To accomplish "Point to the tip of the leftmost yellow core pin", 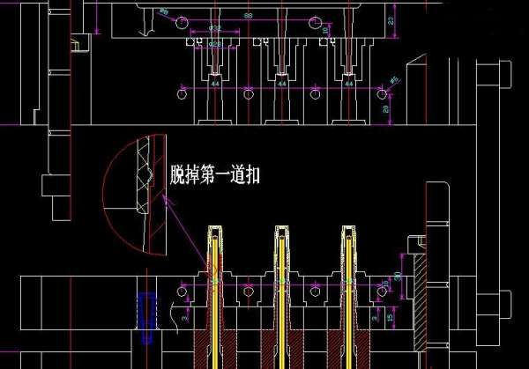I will pos(214,232).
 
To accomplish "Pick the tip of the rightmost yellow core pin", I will pos(348,232).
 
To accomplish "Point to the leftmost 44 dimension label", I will pos(214,84).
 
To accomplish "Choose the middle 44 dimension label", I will pos(281,84).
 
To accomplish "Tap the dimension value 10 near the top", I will pos(325,31).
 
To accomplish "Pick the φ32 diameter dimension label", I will pos(214,27).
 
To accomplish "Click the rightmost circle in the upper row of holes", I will pos(382,92).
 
